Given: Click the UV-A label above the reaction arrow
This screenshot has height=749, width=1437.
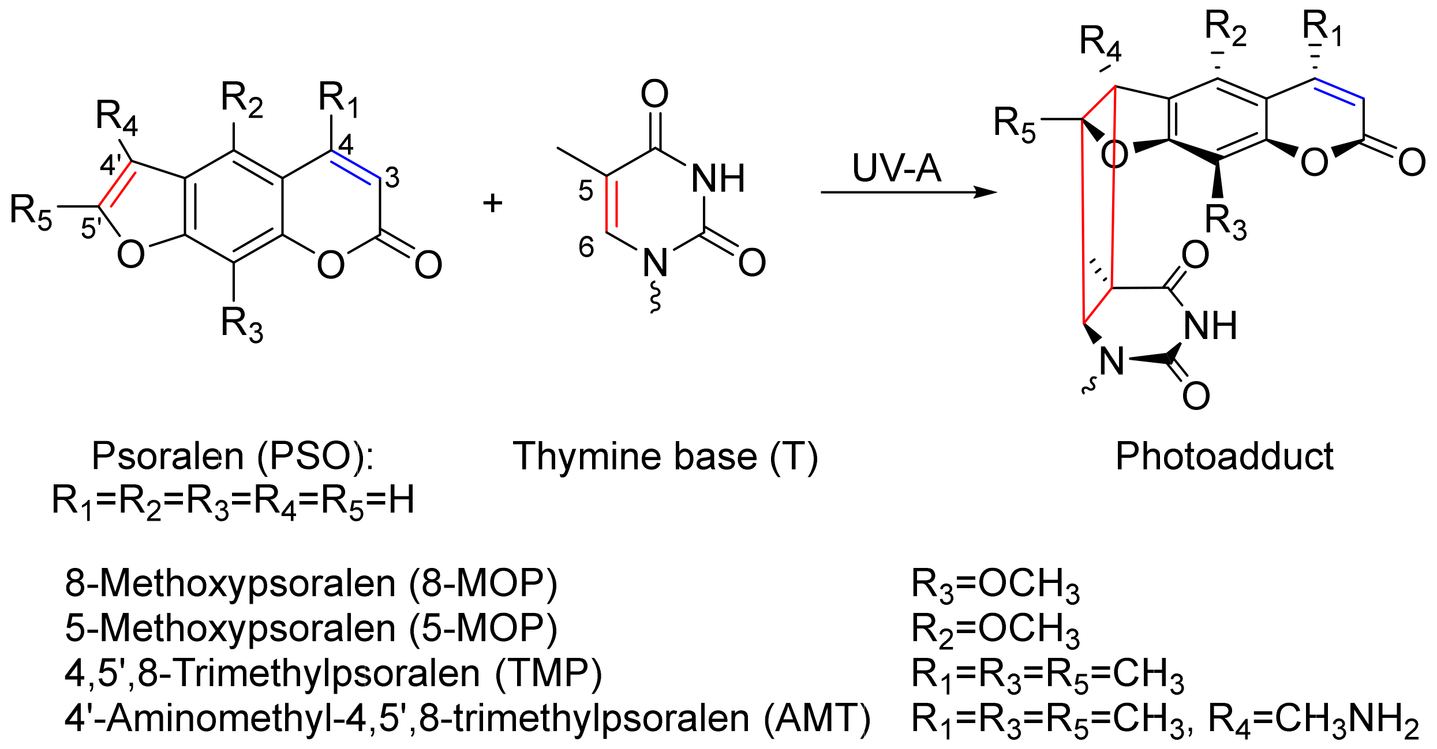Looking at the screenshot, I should point(896,168).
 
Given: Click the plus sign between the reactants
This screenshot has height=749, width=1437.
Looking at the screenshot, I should point(492,203).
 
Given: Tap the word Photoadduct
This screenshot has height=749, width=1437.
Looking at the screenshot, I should point(1224,456).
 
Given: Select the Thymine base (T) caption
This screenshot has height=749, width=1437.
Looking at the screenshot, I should point(665,457).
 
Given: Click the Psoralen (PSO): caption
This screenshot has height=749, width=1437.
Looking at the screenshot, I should point(233,456).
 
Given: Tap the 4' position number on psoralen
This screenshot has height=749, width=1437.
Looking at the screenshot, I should point(110,165).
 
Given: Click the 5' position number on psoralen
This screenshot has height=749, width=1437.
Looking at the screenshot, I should point(91,228).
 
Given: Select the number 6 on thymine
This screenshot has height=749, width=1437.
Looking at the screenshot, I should point(586,247).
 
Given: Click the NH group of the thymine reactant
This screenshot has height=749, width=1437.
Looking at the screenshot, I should point(718,179).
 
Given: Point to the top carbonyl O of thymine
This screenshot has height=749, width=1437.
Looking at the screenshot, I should point(654,93).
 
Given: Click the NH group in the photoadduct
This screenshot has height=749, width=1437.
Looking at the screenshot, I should point(1210,326).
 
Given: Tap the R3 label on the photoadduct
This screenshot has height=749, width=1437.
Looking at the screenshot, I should point(1225,222).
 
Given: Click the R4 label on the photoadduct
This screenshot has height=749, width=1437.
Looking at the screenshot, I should point(1100,44).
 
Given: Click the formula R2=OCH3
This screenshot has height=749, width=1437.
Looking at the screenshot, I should point(995,629).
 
